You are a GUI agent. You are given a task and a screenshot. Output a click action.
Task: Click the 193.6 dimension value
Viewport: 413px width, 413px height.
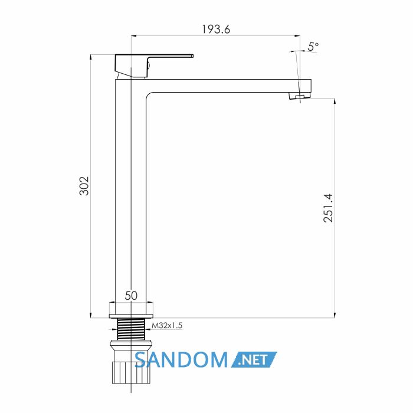(x=216, y=29)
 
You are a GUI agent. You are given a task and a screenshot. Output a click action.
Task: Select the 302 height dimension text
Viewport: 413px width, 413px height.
(x=84, y=186)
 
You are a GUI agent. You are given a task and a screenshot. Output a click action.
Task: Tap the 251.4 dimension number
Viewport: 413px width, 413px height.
(x=328, y=208)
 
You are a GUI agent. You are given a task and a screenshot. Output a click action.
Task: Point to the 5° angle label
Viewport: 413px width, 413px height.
(x=313, y=47)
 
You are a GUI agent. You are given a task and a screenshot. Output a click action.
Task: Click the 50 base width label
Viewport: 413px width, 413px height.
(x=131, y=296)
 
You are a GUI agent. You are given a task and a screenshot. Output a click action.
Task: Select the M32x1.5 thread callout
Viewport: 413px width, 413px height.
(x=167, y=326)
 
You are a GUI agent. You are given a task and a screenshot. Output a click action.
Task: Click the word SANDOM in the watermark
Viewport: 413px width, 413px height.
(x=181, y=359)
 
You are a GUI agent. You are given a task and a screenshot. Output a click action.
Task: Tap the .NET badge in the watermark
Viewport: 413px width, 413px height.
(x=254, y=359)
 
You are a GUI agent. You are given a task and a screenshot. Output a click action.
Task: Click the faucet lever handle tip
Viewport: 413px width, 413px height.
(x=192, y=56)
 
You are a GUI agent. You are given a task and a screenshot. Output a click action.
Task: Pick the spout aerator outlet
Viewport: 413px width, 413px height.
(x=300, y=96)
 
